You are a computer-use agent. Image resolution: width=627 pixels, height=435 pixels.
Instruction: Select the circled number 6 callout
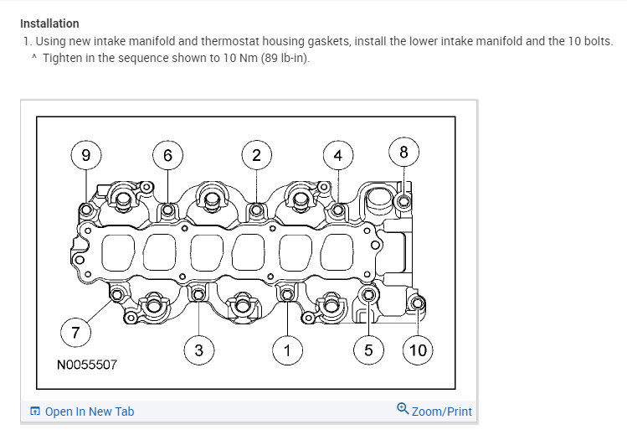pyautogui.click(x=167, y=155)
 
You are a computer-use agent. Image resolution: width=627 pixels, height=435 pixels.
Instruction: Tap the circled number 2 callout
pyautogui.click(x=256, y=155)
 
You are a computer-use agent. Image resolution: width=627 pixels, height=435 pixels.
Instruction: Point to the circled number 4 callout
pyautogui.click(x=337, y=155)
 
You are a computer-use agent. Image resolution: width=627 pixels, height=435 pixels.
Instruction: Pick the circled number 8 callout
pyautogui.click(x=403, y=152)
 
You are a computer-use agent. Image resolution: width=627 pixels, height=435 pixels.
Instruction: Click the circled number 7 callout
pyautogui.click(x=75, y=333)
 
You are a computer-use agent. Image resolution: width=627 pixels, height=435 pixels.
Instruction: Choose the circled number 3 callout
pyautogui.click(x=198, y=350)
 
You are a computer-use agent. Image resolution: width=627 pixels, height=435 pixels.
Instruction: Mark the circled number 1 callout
pyautogui.click(x=287, y=350)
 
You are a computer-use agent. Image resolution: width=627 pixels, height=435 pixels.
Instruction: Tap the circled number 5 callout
pyautogui.click(x=368, y=350)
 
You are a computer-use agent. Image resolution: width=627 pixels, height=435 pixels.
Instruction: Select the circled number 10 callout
pyautogui.click(x=417, y=350)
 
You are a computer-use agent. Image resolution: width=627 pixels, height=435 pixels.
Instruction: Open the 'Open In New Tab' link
pyautogui.click(x=88, y=412)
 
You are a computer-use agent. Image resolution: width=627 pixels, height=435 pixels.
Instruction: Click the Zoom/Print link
pyautogui.click(x=441, y=412)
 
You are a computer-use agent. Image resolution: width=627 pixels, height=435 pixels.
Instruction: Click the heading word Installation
pyautogui.click(x=49, y=23)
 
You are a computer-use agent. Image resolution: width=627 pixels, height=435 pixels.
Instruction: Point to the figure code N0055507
pyautogui.click(x=87, y=365)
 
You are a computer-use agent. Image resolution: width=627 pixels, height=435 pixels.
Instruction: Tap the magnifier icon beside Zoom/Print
pyautogui.click(x=403, y=410)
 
